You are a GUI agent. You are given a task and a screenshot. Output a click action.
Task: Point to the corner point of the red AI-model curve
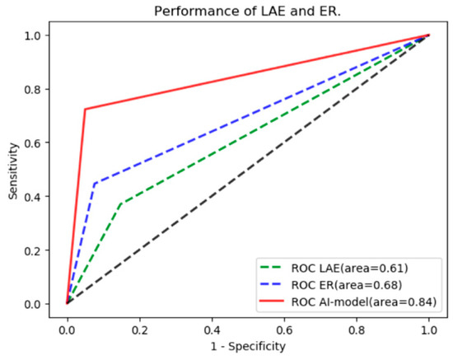tap(85, 109)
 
